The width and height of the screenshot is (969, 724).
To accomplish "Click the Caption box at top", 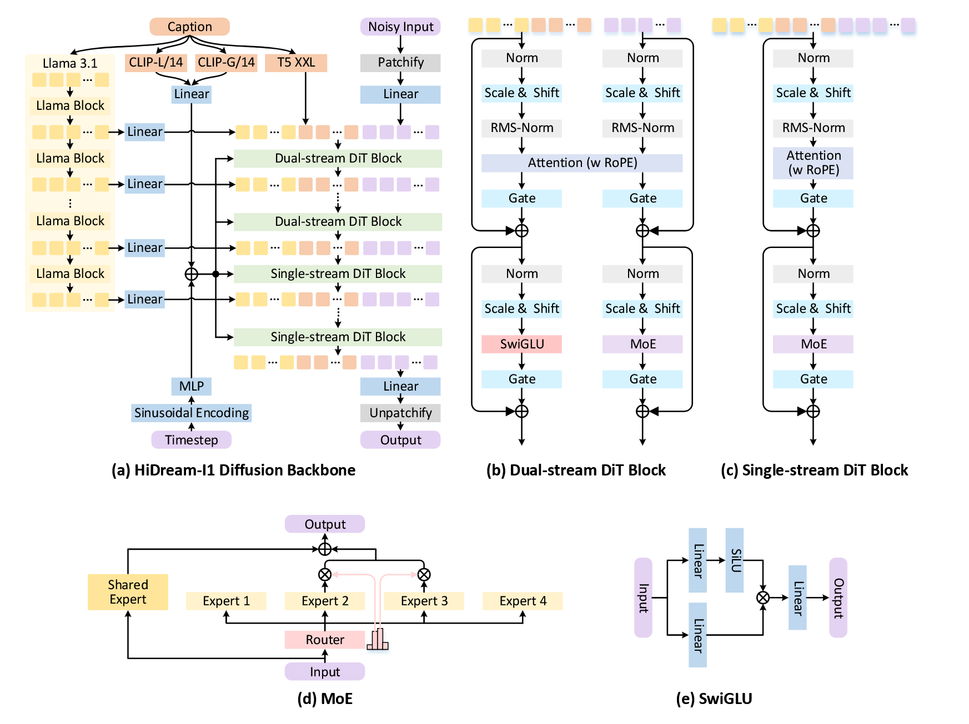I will click(189, 27).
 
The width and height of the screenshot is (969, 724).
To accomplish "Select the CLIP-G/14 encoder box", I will click(226, 62).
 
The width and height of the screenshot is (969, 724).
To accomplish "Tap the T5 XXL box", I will click(295, 62).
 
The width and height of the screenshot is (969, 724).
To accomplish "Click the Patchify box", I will click(400, 62).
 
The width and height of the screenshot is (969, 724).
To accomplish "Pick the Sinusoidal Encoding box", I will click(191, 413).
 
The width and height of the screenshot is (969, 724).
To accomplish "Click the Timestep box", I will click(191, 440).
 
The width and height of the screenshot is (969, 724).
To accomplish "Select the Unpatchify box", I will click(400, 413).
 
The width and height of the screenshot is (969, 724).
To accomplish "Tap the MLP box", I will click(191, 386).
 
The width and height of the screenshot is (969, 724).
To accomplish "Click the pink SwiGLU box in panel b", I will click(521, 344).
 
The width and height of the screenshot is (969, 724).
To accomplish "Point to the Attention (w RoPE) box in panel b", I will click(582, 163).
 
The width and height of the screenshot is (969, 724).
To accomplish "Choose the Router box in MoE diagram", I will click(325, 640).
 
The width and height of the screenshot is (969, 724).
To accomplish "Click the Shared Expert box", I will click(128, 592).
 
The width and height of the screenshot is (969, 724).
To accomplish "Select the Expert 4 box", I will click(523, 601).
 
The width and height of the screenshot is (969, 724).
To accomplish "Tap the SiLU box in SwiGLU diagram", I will click(735, 560).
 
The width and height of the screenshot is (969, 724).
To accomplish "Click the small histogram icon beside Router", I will click(378, 640).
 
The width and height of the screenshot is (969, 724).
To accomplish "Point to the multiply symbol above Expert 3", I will click(424, 574).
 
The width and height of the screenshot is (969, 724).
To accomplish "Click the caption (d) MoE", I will click(325, 698).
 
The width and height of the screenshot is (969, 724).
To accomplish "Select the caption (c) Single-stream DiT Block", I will click(814, 470).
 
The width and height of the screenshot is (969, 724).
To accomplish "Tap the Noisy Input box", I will click(400, 27).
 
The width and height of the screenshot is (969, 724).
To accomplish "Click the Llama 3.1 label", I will click(70, 63).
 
